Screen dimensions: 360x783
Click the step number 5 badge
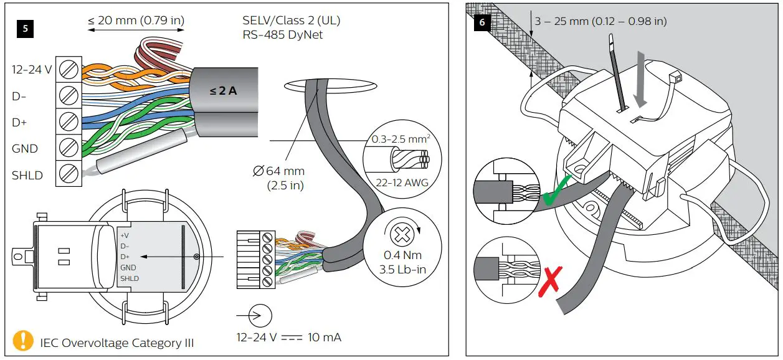click(26, 28)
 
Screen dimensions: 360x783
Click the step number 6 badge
click(482, 22)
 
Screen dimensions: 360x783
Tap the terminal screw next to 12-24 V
click(68, 70)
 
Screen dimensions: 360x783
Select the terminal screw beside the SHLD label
click(68, 174)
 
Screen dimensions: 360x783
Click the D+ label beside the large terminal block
click(19, 123)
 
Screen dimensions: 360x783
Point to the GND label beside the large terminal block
click(25, 149)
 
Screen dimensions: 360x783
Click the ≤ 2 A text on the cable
click(222, 91)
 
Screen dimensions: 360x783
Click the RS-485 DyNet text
click(284, 35)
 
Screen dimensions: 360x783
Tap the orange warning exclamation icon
click(23, 341)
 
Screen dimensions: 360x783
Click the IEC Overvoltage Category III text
click(117, 343)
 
